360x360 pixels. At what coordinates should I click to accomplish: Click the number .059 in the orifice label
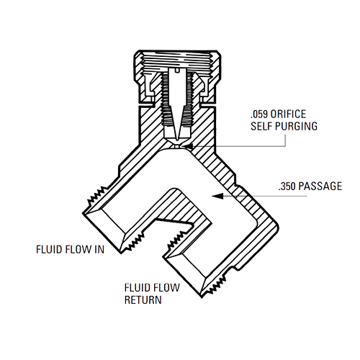coord(259,114)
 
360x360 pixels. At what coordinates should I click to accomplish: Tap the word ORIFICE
coord(288,114)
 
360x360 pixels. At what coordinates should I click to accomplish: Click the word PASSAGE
coord(320,186)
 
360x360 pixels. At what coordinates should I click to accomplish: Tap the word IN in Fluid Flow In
coord(99,249)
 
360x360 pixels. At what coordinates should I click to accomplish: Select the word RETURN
coord(143,300)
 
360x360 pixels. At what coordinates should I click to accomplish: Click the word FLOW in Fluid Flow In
coord(78,249)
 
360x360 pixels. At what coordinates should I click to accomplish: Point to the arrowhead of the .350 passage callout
coord(217,196)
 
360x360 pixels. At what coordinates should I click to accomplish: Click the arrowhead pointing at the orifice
coord(187,146)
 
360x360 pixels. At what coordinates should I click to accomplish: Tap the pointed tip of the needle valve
coord(177,140)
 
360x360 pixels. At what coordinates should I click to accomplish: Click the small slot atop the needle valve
coord(177,71)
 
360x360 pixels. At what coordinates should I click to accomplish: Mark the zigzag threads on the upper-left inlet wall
coord(96,196)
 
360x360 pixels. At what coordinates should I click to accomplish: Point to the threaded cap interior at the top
coord(178,60)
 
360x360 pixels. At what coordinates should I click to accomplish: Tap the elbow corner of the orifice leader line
coord(285,146)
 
